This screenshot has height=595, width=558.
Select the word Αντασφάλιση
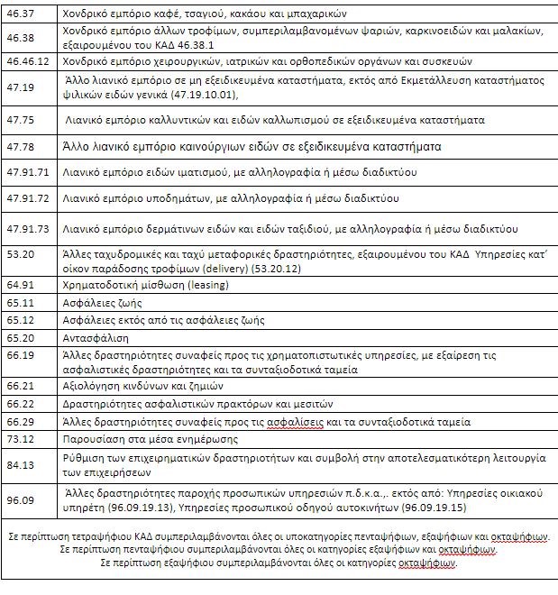point(96,338)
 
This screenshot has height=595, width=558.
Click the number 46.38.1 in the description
point(207,45)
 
